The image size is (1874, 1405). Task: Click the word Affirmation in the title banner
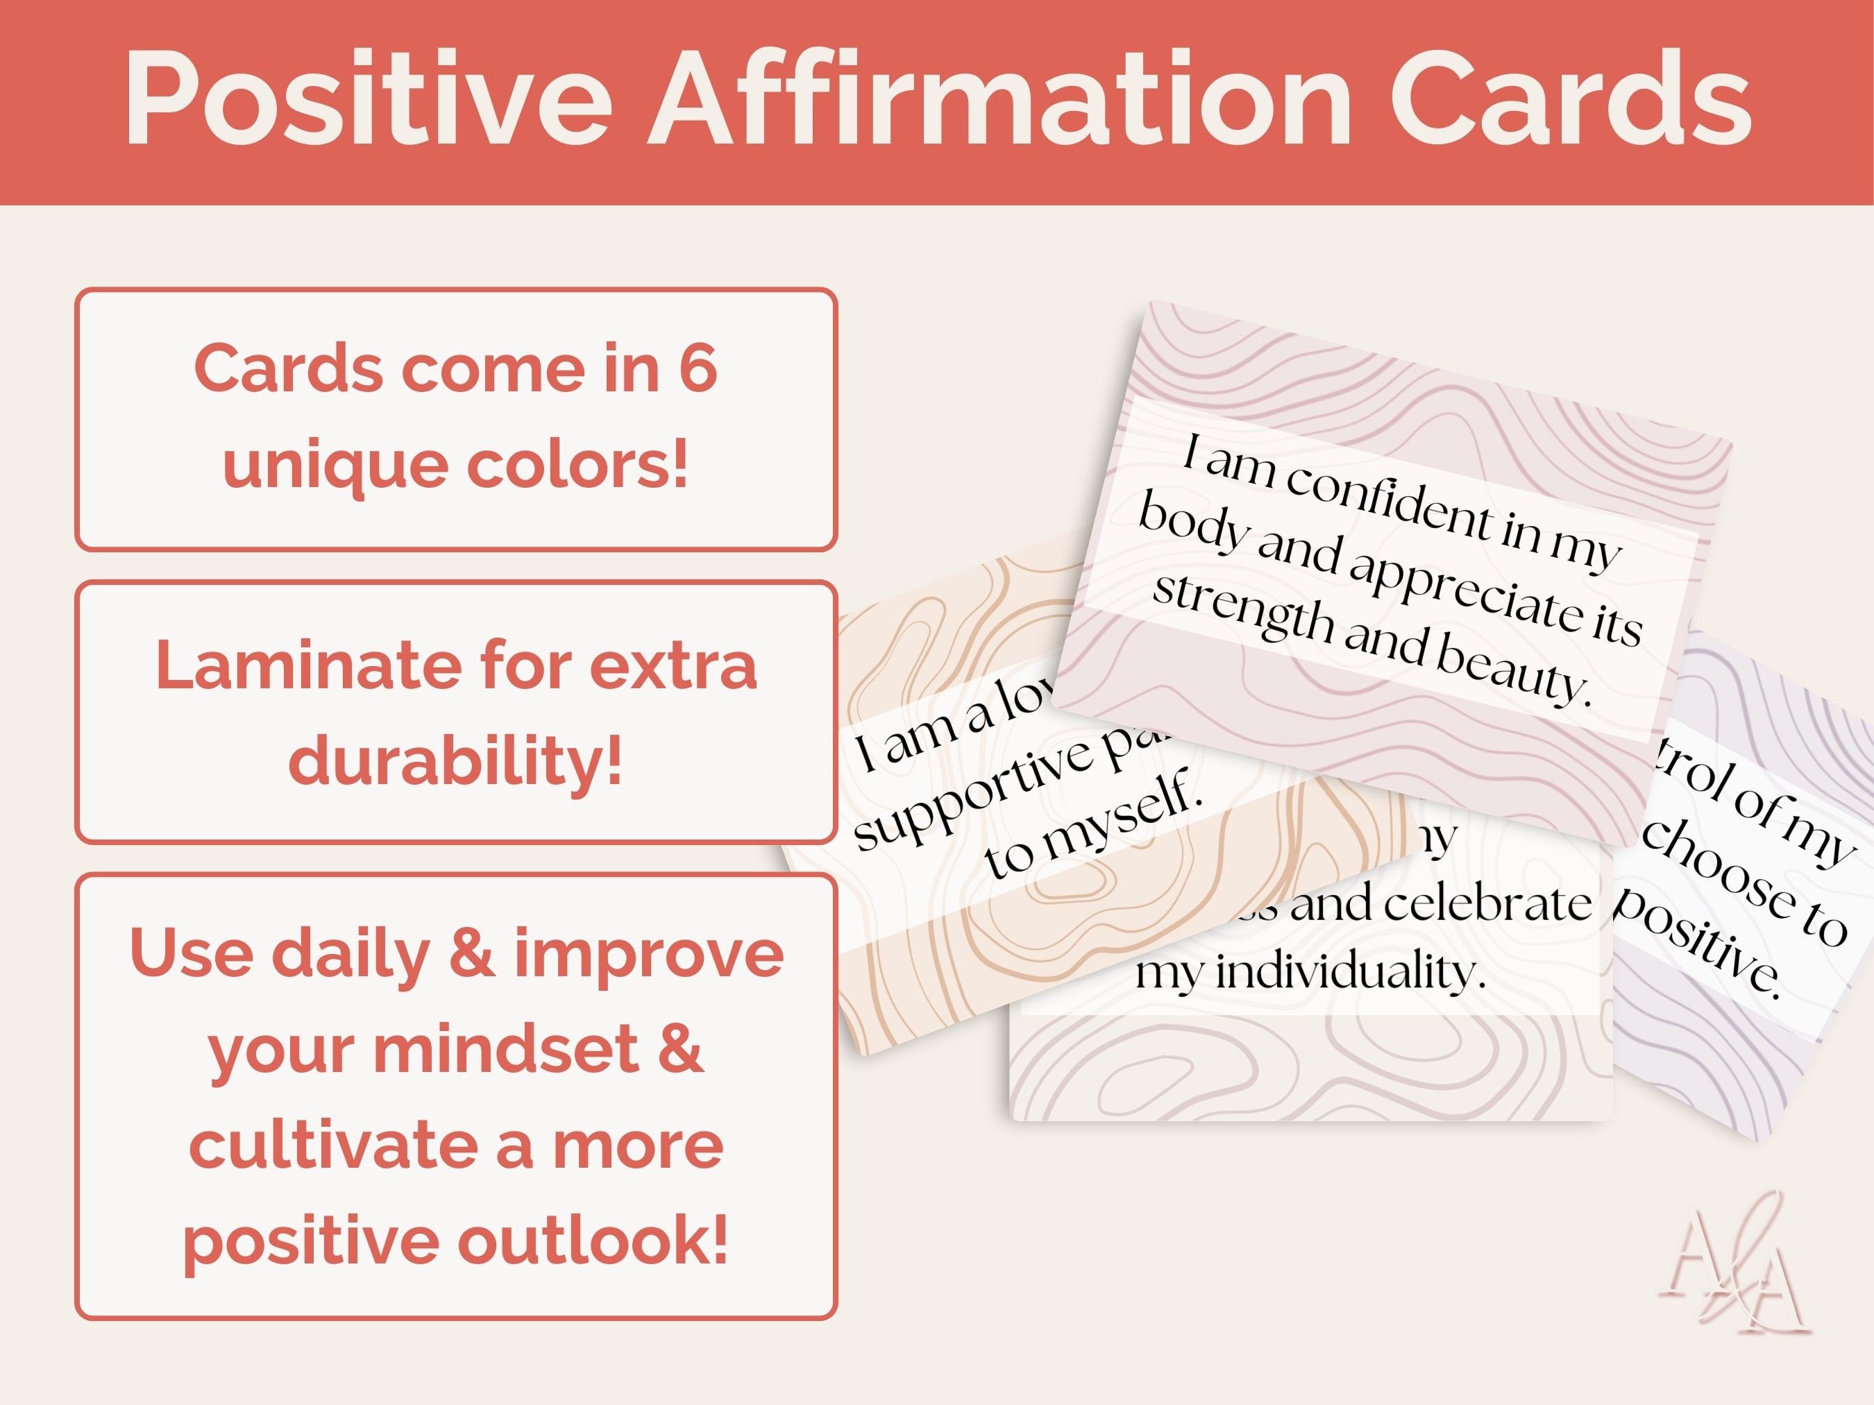(999, 100)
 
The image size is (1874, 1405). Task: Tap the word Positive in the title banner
(369, 100)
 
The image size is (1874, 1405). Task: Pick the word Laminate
(307, 665)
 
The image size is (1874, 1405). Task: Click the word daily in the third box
(351, 953)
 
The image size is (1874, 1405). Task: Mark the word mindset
(506, 1049)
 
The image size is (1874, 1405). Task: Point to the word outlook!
(592, 1241)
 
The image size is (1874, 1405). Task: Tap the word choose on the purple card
(1720, 876)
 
